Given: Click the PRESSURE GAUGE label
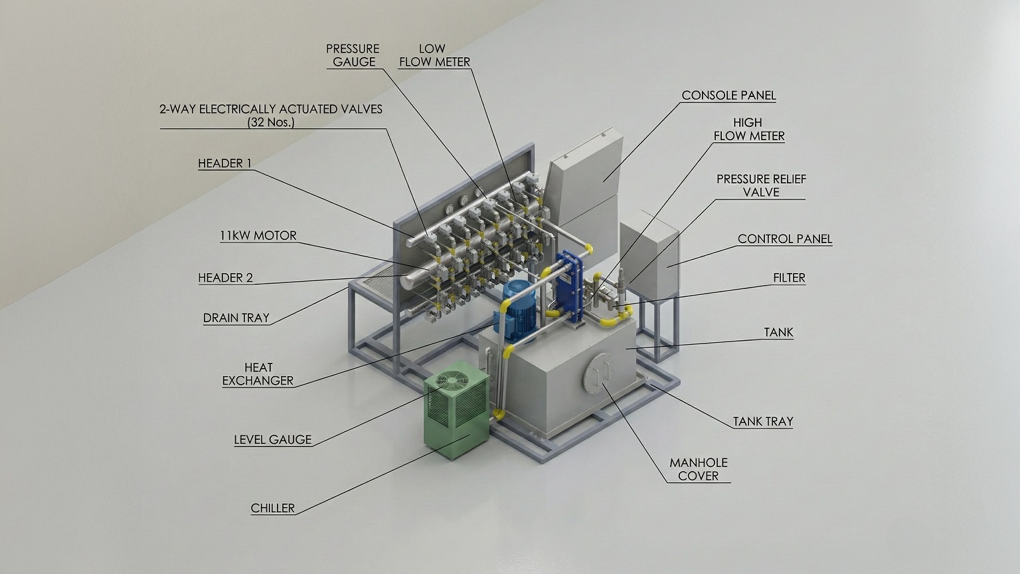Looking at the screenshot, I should [353, 55].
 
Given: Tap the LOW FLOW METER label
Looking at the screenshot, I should [434, 55].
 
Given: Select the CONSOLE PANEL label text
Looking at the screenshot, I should [728, 95].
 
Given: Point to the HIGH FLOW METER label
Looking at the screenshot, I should [748, 129].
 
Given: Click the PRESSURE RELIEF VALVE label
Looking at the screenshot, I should [761, 185].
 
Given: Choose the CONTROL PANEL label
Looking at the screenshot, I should [784, 239].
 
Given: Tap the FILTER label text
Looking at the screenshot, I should [789, 277].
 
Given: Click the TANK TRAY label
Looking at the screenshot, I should [762, 421].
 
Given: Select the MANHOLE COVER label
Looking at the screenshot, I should [698, 469].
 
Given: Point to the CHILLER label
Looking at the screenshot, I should [272, 508].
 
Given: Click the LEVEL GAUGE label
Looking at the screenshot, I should [272, 439].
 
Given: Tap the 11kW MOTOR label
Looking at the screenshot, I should [258, 235].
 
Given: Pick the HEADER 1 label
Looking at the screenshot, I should [224, 163].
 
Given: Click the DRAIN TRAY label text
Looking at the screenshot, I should [236, 318].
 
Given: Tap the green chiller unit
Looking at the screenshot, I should [456, 419].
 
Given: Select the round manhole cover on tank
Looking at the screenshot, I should [595, 375].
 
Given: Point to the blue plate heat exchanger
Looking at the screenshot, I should [569, 286].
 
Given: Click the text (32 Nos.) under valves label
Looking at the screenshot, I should [270, 122].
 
